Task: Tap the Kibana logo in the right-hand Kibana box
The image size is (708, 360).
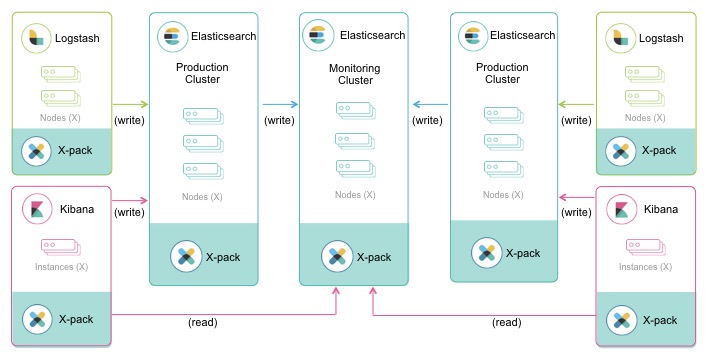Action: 621,211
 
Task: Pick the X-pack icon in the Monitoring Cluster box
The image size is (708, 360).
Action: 335,255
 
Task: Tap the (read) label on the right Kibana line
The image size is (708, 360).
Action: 507,323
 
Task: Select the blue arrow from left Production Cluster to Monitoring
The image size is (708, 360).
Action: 280,103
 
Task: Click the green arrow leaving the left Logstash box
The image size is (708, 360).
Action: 130,103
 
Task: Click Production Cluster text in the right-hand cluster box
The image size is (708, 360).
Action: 503,74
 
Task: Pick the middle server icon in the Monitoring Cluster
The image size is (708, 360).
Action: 354,140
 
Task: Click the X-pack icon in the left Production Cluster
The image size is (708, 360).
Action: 185,255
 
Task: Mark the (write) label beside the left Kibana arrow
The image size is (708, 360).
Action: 130,212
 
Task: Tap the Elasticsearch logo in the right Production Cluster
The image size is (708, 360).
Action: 470,35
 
